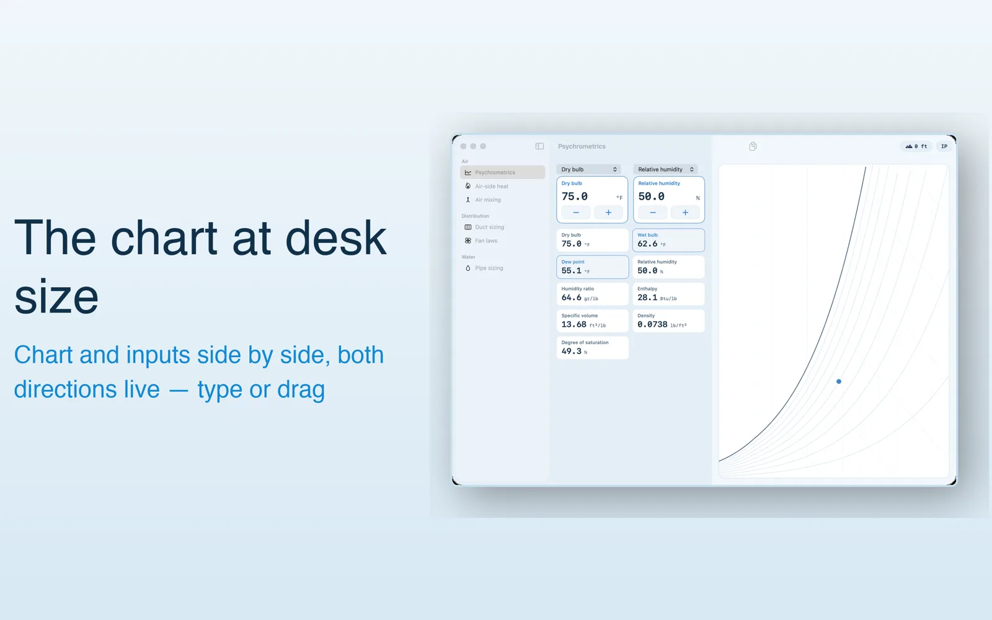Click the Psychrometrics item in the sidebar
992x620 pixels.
tap(502, 172)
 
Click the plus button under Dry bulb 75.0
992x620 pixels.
tap(608, 213)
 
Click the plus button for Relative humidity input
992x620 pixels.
tap(685, 213)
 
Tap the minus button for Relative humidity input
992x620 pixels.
tap(652, 213)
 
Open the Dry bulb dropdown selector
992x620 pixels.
tap(588, 169)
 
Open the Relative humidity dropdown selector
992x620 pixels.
tap(666, 169)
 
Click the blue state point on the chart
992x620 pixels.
tap(838, 381)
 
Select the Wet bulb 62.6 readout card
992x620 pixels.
tap(668, 240)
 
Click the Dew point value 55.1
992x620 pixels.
tap(571, 270)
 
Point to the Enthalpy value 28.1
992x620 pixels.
tap(647, 298)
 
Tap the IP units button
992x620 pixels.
tap(944, 146)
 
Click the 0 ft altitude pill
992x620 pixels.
tap(916, 146)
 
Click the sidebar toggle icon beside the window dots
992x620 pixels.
tap(539, 146)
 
